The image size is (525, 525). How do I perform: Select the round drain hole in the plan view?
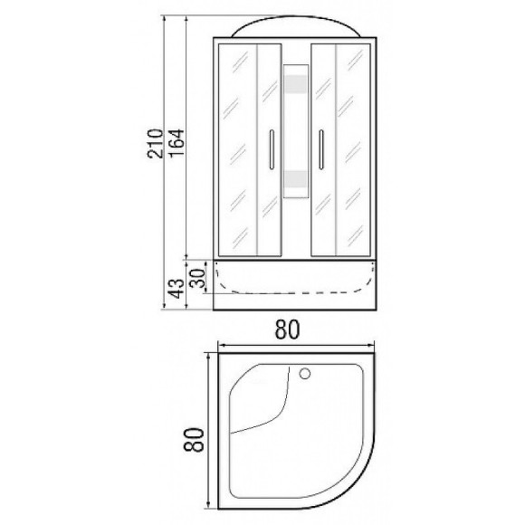304,372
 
